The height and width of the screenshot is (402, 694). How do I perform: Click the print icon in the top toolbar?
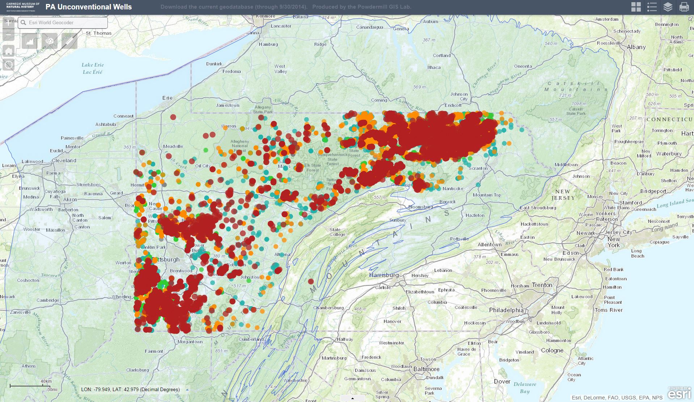point(684,7)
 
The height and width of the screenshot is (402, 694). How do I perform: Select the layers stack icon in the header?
point(668,7)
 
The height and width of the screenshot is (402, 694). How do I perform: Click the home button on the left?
point(9,51)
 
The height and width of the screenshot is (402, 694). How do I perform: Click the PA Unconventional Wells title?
point(89,7)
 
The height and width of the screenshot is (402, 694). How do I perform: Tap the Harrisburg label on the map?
point(384,275)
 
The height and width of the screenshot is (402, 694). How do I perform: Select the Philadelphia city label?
point(506,310)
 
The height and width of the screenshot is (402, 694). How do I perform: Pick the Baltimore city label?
point(426,369)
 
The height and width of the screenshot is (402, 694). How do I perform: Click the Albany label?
point(636,47)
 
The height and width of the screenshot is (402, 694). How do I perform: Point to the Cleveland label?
point(64,160)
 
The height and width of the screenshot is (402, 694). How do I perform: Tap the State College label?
point(337,232)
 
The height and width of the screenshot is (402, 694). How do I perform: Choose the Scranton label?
point(478,168)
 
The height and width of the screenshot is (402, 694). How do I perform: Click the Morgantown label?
point(190,342)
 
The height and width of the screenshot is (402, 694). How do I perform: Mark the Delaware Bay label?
point(525,388)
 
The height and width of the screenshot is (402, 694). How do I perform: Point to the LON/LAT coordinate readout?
point(130,389)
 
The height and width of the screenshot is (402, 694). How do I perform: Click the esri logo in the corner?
point(680,393)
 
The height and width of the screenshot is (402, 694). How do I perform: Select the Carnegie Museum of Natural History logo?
point(22,6)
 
